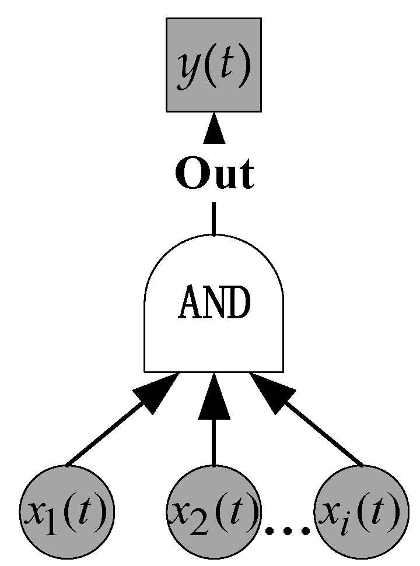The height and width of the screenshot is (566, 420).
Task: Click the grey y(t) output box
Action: coord(213,64)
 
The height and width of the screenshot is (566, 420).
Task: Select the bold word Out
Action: coord(215,174)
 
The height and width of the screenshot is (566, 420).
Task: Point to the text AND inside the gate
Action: coord(214,303)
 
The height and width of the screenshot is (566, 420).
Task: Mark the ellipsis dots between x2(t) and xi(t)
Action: coord(286,530)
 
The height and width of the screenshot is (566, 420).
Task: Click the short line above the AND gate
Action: coord(214,219)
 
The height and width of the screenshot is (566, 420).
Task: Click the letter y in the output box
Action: coord(188,69)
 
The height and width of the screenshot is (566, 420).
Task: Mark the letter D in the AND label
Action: coord(239,303)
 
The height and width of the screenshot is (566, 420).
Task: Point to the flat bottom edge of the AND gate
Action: coord(214,371)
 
